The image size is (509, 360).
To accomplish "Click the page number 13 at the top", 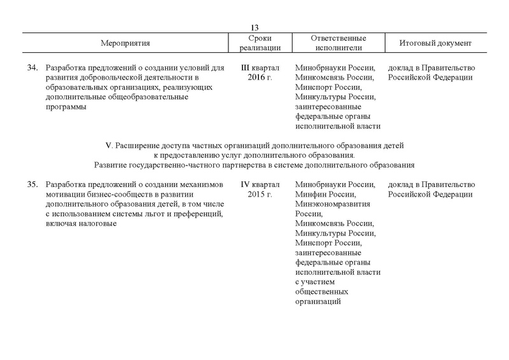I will pyautogui.click(x=254, y=27).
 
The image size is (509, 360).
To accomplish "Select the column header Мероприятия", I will pyautogui.click(x=125, y=43).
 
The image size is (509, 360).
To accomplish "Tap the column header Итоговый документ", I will pyautogui.click(x=435, y=43).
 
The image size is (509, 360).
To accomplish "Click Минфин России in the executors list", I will pyautogui.click(x=325, y=195).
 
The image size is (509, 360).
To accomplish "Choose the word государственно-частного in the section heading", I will pyautogui.click(x=172, y=165).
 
